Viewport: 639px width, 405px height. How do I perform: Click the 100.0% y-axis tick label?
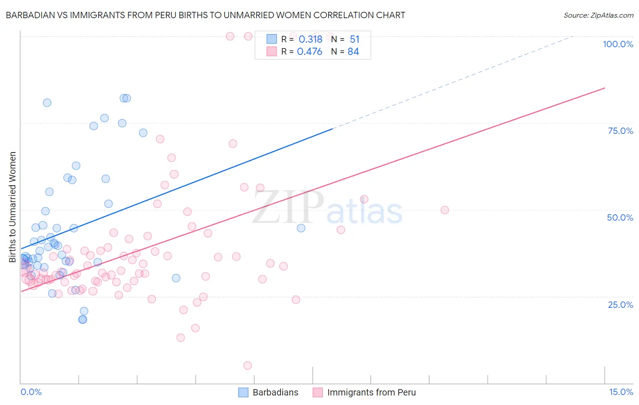point(618,44)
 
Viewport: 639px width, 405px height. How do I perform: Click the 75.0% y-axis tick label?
point(620,131)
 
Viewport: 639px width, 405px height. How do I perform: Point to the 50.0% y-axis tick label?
point(620,217)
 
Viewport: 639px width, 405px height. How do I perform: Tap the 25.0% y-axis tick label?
point(620,304)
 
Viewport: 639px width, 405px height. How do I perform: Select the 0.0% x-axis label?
point(31,392)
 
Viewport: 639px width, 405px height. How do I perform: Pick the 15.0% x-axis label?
point(621,392)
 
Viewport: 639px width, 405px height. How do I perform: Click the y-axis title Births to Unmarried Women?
point(12,207)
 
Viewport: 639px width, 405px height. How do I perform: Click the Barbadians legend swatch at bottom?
point(244,392)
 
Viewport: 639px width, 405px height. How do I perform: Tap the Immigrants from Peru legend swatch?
point(318,392)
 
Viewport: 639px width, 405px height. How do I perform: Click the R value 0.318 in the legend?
point(310,40)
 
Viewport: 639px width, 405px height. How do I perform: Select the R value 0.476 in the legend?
point(310,52)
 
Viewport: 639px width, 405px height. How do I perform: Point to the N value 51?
point(354,40)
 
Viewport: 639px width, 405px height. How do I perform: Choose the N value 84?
point(353,52)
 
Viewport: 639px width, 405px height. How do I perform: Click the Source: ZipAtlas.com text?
point(598,15)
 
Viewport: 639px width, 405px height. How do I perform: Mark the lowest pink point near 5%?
point(248,365)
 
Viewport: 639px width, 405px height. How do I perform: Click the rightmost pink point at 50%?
point(444,210)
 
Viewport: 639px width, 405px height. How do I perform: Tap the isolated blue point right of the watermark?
point(301,228)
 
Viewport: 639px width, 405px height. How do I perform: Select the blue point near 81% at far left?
point(47,103)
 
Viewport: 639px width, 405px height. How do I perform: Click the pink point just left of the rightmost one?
point(364,199)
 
